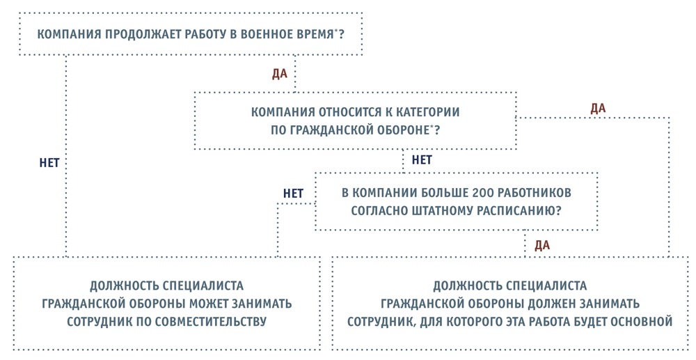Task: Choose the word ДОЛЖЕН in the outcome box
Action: coord(550,304)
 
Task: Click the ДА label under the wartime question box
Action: coord(280,74)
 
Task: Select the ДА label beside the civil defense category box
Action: coord(598,109)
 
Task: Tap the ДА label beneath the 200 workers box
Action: coord(542,246)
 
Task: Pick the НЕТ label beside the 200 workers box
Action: coord(294,194)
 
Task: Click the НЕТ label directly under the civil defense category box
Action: coord(422,159)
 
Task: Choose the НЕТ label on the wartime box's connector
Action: coord(49,163)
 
